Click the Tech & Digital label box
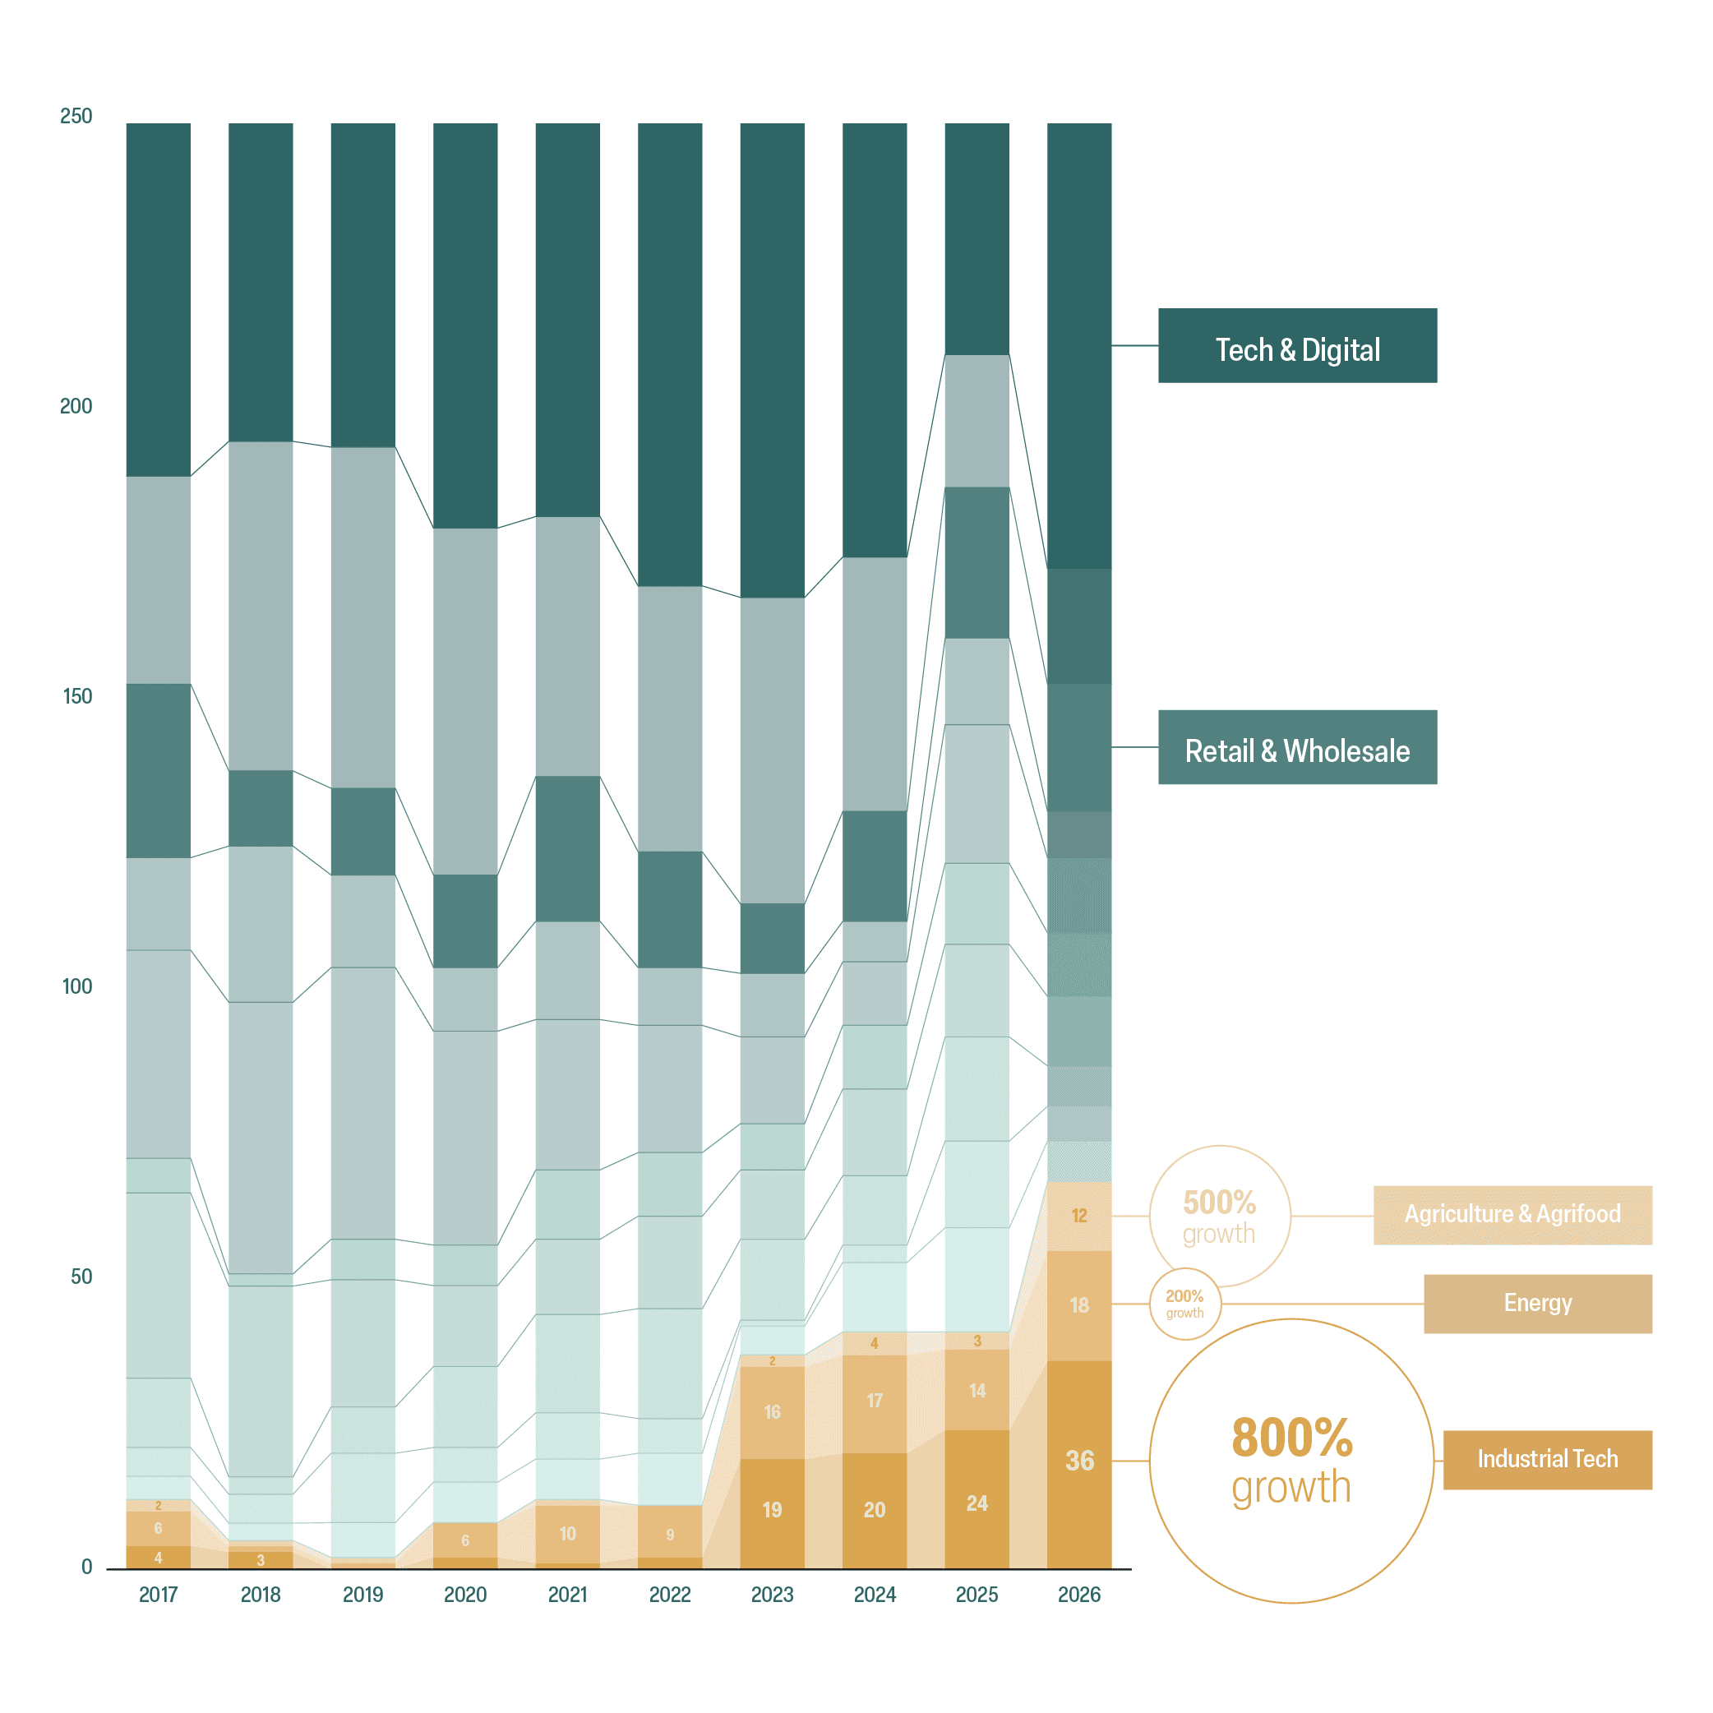(1297, 346)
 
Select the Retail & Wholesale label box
(1297, 747)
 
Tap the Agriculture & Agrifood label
(1512, 1215)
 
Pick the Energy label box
(1539, 1304)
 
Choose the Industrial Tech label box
(1548, 1459)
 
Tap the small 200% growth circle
(1150, 1304)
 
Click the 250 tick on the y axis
(76, 116)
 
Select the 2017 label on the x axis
(159, 1595)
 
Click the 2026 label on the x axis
(1079, 1595)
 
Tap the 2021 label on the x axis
(567, 1595)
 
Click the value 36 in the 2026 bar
(1079, 1461)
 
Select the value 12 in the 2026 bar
(1079, 1216)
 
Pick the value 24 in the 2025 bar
(977, 1503)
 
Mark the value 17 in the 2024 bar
(875, 1400)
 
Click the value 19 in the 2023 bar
(773, 1510)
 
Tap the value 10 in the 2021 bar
(567, 1534)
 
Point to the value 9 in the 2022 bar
(670, 1535)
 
